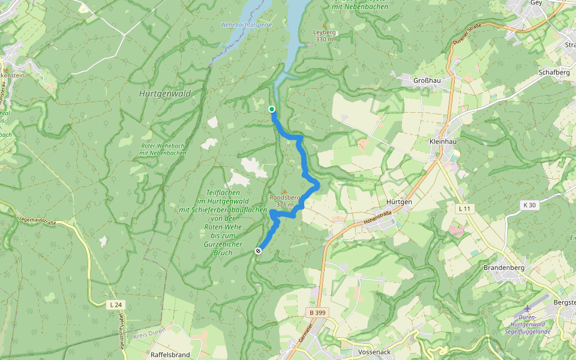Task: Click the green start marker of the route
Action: pos(272,109)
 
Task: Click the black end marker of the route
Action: pos(258,251)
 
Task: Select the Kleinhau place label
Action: pos(444,141)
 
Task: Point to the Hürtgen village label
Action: pos(399,202)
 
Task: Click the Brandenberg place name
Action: pos(504,268)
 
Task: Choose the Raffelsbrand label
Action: pos(170,355)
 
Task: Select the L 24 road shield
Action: pos(116,305)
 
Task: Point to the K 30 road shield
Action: pos(529,205)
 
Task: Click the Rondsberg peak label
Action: pos(284,197)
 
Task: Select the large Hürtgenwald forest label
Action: pos(164,94)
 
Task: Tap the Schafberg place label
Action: pos(554,72)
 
